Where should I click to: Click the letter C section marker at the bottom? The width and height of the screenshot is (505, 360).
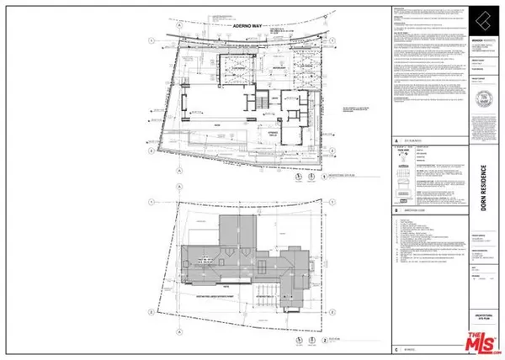coord(396,347)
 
